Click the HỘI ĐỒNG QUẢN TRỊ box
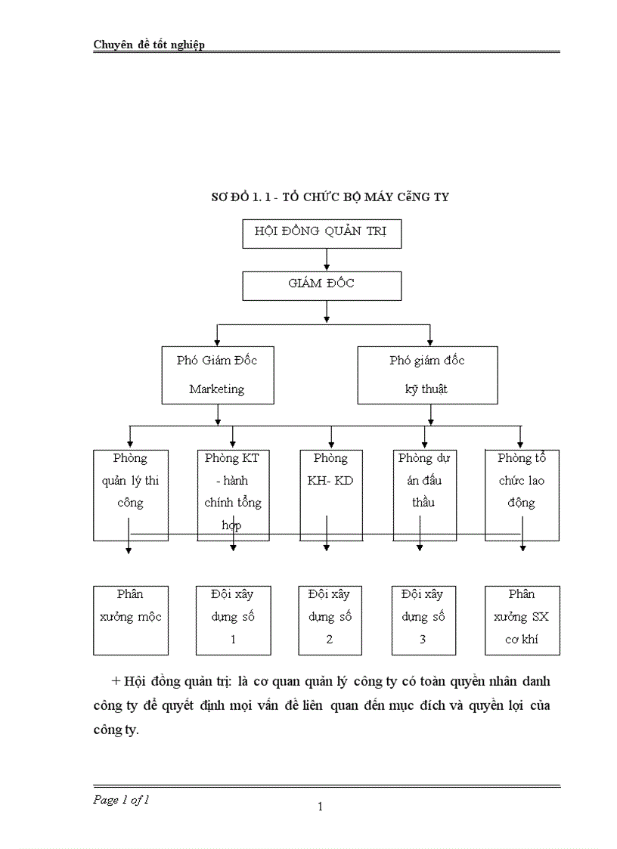tap(321, 234)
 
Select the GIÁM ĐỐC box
tap(321, 286)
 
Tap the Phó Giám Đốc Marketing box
tap(217, 375)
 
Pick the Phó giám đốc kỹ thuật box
tap(427, 375)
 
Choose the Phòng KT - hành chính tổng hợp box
tap(232, 494)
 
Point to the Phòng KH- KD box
tap(330, 494)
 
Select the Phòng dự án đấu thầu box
tap(425, 494)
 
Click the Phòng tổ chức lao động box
tap(522, 494)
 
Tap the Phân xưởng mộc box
tap(131, 619)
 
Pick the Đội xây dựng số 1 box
tap(233, 619)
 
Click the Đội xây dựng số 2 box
tap(330, 619)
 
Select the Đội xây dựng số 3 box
tap(423, 619)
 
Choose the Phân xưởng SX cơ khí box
tap(522, 619)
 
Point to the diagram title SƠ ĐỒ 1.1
tap(330, 197)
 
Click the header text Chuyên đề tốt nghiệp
tap(149, 45)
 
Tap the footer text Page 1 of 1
tap(121, 800)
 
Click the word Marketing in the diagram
tap(217, 389)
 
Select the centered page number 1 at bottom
tap(320, 807)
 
